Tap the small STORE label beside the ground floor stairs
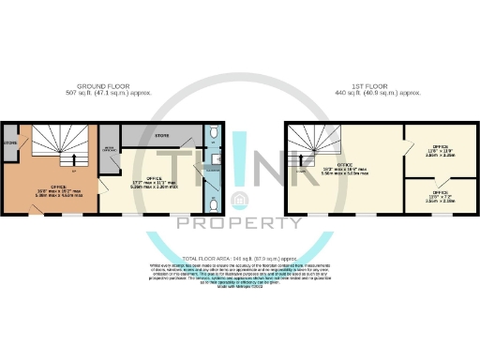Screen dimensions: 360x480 pyautogui.click(x=10, y=144)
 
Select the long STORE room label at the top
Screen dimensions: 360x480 pyautogui.click(x=162, y=137)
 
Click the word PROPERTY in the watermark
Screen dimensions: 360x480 pyautogui.click(x=239, y=223)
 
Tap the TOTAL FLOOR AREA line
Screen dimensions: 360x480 pyautogui.click(x=240, y=255)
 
